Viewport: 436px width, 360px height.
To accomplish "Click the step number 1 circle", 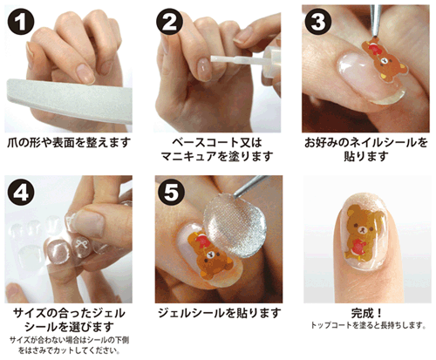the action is (x=21, y=22).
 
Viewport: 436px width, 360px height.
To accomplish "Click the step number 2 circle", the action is (x=170, y=22).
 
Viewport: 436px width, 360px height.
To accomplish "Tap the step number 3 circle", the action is (x=318, y=22).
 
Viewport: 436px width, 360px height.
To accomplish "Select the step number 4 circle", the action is (x=21, y=192).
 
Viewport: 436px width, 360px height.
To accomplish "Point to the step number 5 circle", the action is (x=171, y=192).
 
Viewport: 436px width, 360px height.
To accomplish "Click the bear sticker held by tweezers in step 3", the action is (x=384, y=60).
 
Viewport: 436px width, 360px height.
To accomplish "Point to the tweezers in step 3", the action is (x=376, y=20).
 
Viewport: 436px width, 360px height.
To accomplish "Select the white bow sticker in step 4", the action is (x=82, y=244).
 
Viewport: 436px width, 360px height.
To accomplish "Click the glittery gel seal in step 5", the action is (x=235, y=225).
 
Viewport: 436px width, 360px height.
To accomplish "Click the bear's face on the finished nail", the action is (x=363, y=229).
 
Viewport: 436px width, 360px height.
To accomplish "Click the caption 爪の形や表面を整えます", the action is (x=69, y=143).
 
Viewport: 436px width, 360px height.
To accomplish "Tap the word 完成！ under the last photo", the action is (x=366, y=313).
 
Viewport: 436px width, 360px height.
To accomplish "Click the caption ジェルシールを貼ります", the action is (x=220, y=313).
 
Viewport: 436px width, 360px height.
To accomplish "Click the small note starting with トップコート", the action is (x=368, y=325).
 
